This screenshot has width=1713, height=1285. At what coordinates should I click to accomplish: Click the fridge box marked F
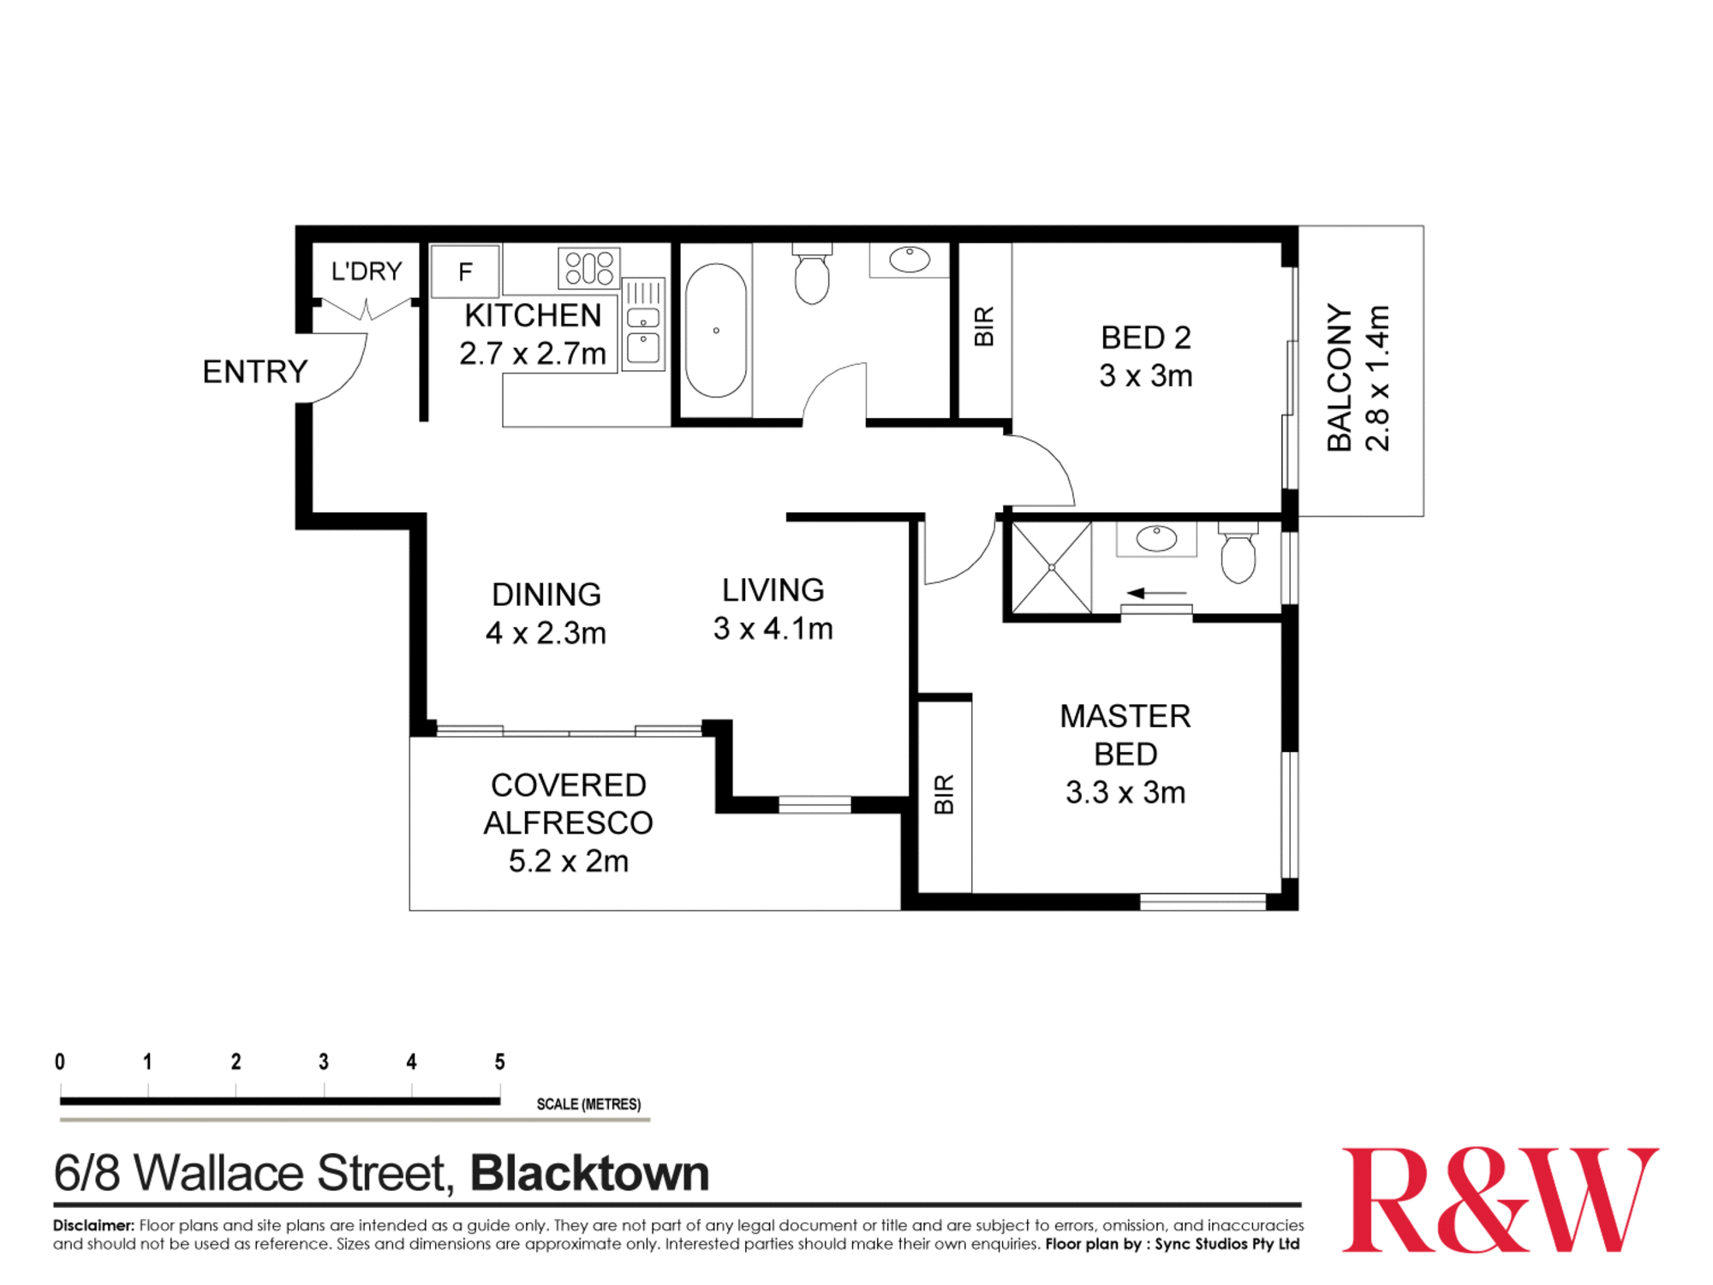pyautogui.click(x=465, y=272)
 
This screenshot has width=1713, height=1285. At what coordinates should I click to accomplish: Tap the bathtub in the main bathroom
pyautogui.click(x=716, y=331)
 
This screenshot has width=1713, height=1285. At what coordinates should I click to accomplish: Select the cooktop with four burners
pyautogui.click(x=589, y=268)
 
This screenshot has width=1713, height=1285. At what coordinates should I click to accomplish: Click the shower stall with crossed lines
pyautogui.click(x=1051, y=567)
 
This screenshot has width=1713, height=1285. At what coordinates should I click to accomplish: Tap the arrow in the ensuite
pyautogui.click(x=1155, y=593)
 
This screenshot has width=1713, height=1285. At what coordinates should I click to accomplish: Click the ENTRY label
pyautogui.click(x=254, y=372)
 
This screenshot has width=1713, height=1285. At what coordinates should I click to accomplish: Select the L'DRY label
pyautogui.click(x=367, y=272)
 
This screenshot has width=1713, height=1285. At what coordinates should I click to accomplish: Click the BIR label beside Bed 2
pyautogui.click(x=985, y=326)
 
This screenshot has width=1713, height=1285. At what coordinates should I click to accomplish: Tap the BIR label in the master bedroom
pyautogui.click(x=944, y=794)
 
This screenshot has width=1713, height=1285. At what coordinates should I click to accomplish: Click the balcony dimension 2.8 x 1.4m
pyautogui.click(x=1378, y=378)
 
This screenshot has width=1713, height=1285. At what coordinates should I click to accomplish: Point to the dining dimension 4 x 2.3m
pyautogui.click(x=546, y=633)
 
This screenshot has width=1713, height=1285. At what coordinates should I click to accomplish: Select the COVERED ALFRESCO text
pyautogui.click(x=568, y=804)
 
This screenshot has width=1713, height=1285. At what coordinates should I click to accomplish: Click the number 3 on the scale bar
pyautogui.click(x=324, y=1062)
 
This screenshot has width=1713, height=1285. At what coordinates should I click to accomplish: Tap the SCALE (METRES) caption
pyautogui.click(x=588, y=1104)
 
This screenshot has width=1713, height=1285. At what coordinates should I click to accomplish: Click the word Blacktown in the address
pyautogui.click(x=590, y=1174)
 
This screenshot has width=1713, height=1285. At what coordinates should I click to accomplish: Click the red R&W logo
pyautogui.click(x=1499, y=1199)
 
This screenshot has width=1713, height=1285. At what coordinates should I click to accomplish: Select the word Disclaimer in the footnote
pyautogui.click(x=93, y=1225)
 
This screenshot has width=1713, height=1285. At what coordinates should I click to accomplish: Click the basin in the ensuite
pyautogui.click(x=1156, y=539)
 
